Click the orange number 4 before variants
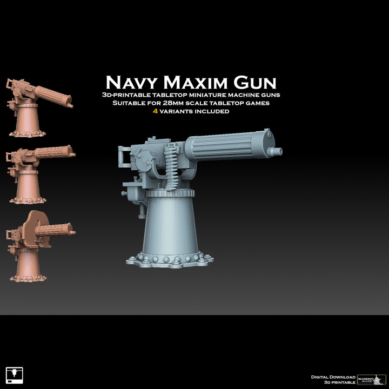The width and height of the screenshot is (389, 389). click(x=156, y=111)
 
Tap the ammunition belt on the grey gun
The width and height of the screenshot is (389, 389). click(x=174, y=163)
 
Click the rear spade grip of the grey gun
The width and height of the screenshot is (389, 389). click(x=123, y=157)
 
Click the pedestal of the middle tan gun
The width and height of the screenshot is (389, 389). click(x=30, y=186)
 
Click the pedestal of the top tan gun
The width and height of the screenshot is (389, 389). click(x=30, y=119)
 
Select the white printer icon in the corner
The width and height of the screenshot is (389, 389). click(x=11, y=373)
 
